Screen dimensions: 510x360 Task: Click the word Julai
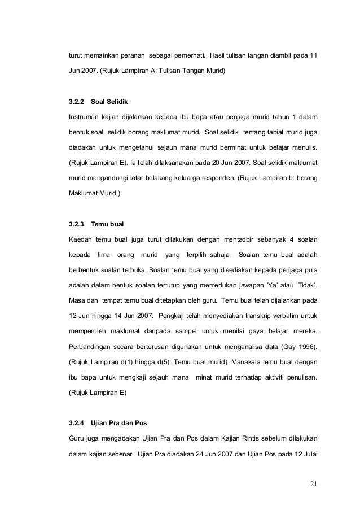click(307, 453)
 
